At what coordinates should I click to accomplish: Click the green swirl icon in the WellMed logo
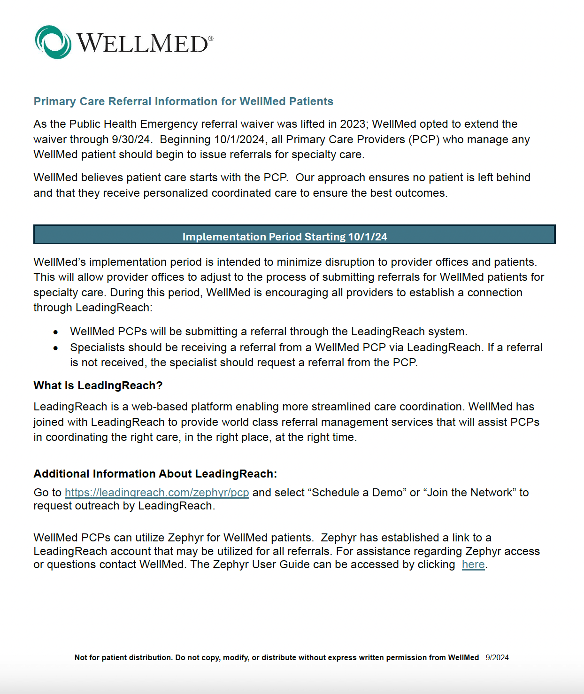pyautogui.click(x=53, y=42)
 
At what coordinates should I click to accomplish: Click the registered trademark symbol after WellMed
pyautogui.click(x=211, y=39)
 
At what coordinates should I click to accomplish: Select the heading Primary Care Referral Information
pyautogui.click(x=183, y=101)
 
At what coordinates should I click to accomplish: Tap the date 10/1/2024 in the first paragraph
pyautogui.click(x=239, y=139)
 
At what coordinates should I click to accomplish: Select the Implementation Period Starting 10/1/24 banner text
pyautogui.click(x=284, y=237)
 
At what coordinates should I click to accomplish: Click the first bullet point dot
pyautogui.click(x=56, y=332)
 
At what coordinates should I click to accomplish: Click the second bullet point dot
pyautogui.click(x=56, y=348)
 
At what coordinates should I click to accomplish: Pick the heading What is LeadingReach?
pyautogui.click(x=98, y=386)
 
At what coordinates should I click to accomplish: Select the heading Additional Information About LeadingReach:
pyautogui.click(x=155, y=474)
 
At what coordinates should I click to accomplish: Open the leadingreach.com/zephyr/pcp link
pyautogui.click(x=157, y=493)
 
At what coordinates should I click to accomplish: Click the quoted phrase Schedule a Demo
pyautogui.click(x=357, y=493)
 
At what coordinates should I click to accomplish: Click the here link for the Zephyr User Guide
pyautogui.click(x=473, y=564)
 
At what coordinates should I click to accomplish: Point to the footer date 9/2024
pyautogui.click(x=497, y=658)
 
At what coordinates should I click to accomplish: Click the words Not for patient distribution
pyautogui.click(x=123, y=658)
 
